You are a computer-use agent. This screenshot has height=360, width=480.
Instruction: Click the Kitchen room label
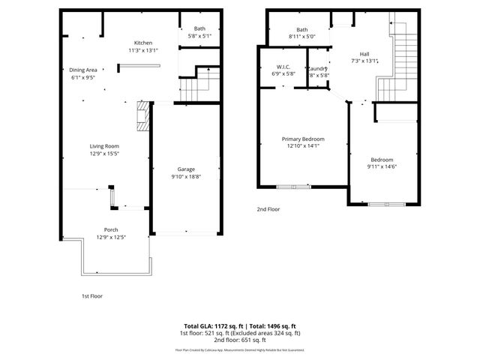[143, 43]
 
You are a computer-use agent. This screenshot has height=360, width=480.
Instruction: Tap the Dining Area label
[83, 69]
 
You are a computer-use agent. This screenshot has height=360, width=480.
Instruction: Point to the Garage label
[187, 169]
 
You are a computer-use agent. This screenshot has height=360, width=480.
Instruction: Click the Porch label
[110, 229]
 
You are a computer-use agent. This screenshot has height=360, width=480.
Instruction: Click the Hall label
[364, 53]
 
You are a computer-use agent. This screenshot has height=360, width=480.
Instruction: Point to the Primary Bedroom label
[303, 139]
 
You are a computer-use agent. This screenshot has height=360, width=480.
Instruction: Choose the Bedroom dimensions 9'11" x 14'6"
[383, 166]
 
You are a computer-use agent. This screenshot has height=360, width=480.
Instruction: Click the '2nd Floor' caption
[268, 209]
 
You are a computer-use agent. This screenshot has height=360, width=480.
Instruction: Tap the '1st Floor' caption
[91, 295]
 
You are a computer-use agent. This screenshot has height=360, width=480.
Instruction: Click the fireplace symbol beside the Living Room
[140, 117]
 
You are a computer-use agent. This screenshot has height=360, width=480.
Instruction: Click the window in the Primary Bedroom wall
[293, 186]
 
